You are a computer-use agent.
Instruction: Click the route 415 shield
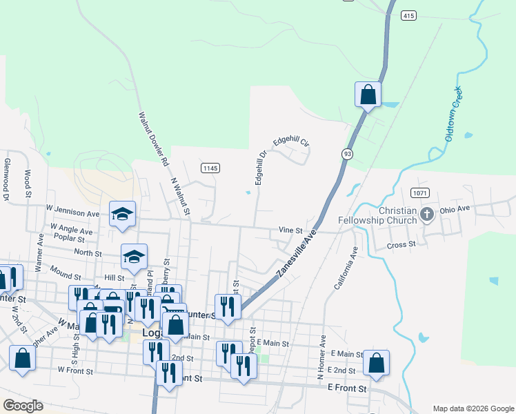(x=409, y=14)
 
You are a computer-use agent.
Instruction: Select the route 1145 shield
(x=210, y=168)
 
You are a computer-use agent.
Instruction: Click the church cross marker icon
(x=426, y=215)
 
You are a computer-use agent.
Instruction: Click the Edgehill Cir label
(x=290, y=141)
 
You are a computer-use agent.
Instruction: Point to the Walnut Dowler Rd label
(x=153, y=140)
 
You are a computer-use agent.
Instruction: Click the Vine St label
(x=290, y=230)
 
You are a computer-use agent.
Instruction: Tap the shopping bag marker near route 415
(x=368, y=95)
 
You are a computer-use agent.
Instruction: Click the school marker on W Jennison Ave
(x=122, y=214)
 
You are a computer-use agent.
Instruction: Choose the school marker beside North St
(x=134, y=257)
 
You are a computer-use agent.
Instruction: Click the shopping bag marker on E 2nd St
(x=376, y=363)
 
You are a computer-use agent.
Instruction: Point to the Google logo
(x=23, y=406)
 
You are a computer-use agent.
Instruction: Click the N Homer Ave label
(x=321, y=358)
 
